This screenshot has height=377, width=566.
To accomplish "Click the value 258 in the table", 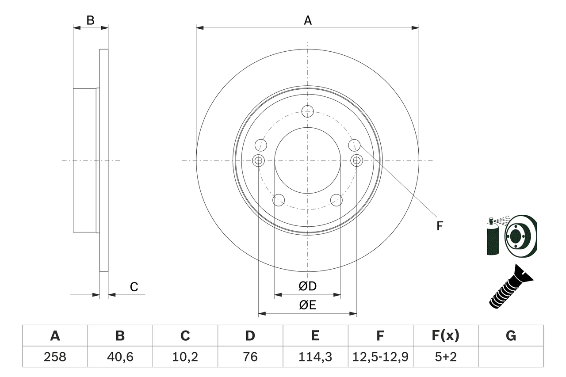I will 55,357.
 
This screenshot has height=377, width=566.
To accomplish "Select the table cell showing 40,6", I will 120,357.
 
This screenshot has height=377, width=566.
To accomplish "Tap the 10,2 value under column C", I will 185,357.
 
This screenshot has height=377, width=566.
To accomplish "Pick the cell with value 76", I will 250,357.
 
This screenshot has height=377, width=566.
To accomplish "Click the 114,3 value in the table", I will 315,357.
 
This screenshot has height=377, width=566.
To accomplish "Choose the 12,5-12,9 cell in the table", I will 380,357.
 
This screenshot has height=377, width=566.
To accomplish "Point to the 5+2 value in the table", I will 445,357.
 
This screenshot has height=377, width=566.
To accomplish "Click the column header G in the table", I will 511,336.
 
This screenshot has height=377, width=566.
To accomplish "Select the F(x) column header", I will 445,336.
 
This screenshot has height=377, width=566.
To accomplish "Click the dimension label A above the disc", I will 308,20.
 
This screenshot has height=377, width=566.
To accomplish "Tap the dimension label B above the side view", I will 90,20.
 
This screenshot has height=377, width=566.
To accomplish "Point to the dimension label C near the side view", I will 134,287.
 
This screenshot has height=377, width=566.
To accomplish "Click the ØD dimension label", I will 308,286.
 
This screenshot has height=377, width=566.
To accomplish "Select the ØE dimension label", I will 308,305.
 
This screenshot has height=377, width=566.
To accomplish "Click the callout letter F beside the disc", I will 440,226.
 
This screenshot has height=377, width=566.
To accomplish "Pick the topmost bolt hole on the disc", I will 307,111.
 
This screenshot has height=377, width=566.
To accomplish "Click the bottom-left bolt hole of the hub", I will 278,200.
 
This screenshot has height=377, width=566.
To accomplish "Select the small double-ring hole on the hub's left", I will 258,160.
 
